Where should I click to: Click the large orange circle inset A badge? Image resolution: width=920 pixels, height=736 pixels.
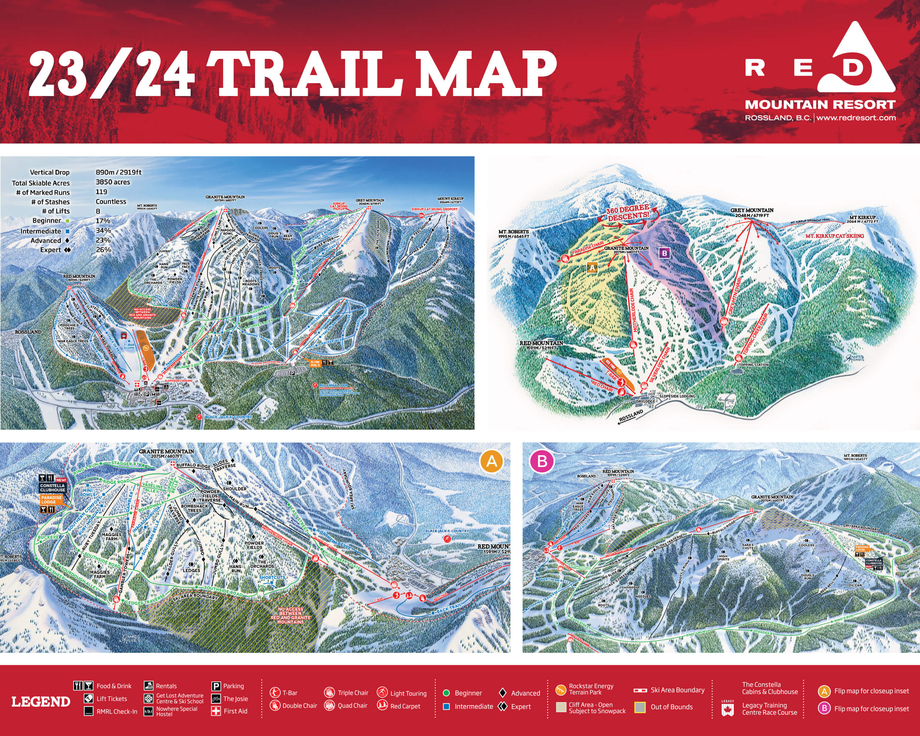click(x=492, y=461)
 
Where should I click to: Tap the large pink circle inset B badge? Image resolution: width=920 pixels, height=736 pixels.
click(x=542, y=461)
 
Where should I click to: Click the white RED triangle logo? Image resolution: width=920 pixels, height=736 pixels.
click(x=856, y=60)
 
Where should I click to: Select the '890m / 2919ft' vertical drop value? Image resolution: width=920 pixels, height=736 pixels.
click(x=118, y=172)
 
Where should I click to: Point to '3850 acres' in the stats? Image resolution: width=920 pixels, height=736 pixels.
click(x=113, y=182)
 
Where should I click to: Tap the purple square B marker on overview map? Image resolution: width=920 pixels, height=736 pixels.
click(x=664, y=254)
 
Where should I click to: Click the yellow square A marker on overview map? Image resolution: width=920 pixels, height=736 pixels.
click(x=592, y=268)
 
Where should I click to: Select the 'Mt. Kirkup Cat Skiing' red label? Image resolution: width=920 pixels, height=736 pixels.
click(x=834, y=236)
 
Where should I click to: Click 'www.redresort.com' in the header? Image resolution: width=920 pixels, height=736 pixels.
click(x=856, y=118)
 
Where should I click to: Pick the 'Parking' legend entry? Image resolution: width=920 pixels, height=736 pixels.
click(x=233, y=686)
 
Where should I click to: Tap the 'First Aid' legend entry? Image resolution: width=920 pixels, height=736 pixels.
click(x=235, y=711)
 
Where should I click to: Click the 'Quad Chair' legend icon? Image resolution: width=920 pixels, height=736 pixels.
click(x=329, y=706)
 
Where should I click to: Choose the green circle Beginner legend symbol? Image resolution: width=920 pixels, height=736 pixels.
click(x=446, y=693)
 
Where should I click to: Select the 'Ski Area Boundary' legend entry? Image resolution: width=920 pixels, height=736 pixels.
click(x=677, y=690)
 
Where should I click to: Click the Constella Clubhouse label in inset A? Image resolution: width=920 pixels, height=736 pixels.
click(x=53, y=488)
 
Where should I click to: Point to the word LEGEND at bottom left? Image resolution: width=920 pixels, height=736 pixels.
click(x=40, y=702)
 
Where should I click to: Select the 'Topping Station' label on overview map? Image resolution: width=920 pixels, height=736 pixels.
click(x=754, y=365)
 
